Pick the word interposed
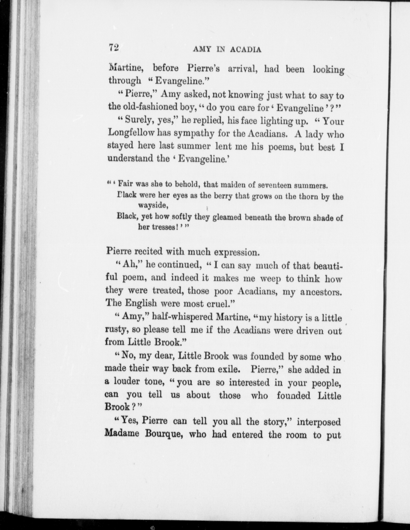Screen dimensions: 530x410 coord(319,422)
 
